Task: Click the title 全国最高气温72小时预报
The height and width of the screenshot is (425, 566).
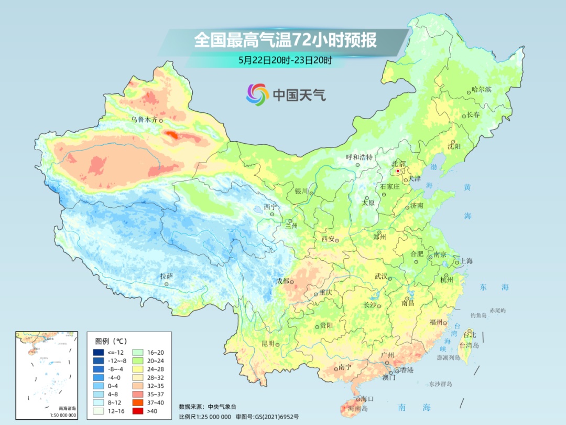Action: pyautogui.click(x=285, y=40)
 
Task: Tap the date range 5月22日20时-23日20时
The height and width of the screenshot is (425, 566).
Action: pyautogui.click(x=285, y=60)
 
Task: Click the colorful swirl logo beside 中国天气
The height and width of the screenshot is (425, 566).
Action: pyautogui.click(x=257, y=94)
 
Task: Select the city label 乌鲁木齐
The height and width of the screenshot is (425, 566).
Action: pyautogui.click(x=144, y=120)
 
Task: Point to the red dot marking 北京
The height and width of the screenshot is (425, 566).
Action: pyautogui.click(x=398, y=171)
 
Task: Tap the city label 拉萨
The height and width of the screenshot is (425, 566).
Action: pyautogui.click(x=166, y=276)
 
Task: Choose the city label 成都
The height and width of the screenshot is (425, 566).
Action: pyautogui.click(x=282, y=281)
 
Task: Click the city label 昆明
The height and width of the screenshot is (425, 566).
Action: pyautogui.click(x=268, y=344)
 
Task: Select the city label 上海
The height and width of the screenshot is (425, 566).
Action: pyautogui.click(x=466, y=261)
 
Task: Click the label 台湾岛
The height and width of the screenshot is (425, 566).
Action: pyautogui.click(x=469, y=345)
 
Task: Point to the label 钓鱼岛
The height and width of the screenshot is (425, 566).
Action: pyautogui.click(x=479, y=315)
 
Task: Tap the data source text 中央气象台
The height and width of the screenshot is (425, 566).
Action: pyautogui.click(x=223, y=406)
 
